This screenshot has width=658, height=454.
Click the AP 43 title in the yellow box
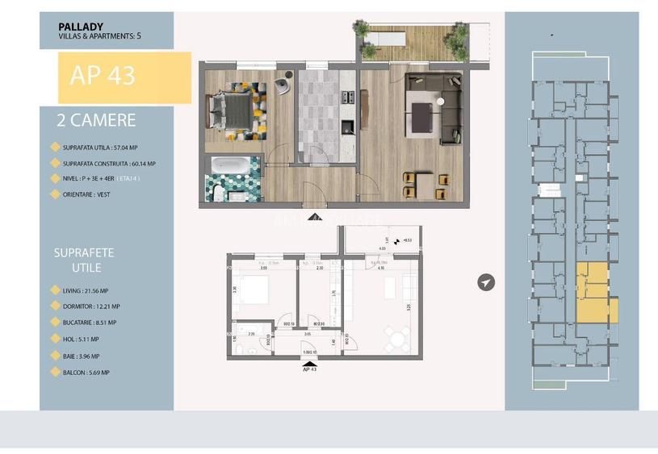[103, 76]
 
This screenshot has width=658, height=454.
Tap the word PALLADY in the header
[80, 25]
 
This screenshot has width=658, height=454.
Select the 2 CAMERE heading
[96, 121]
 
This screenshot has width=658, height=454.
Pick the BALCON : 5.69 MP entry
[93, 373]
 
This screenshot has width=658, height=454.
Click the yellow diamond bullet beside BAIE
[55, 356]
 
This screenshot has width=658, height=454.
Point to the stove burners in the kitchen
[348, 97]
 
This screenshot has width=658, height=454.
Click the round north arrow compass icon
[485, 282]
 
